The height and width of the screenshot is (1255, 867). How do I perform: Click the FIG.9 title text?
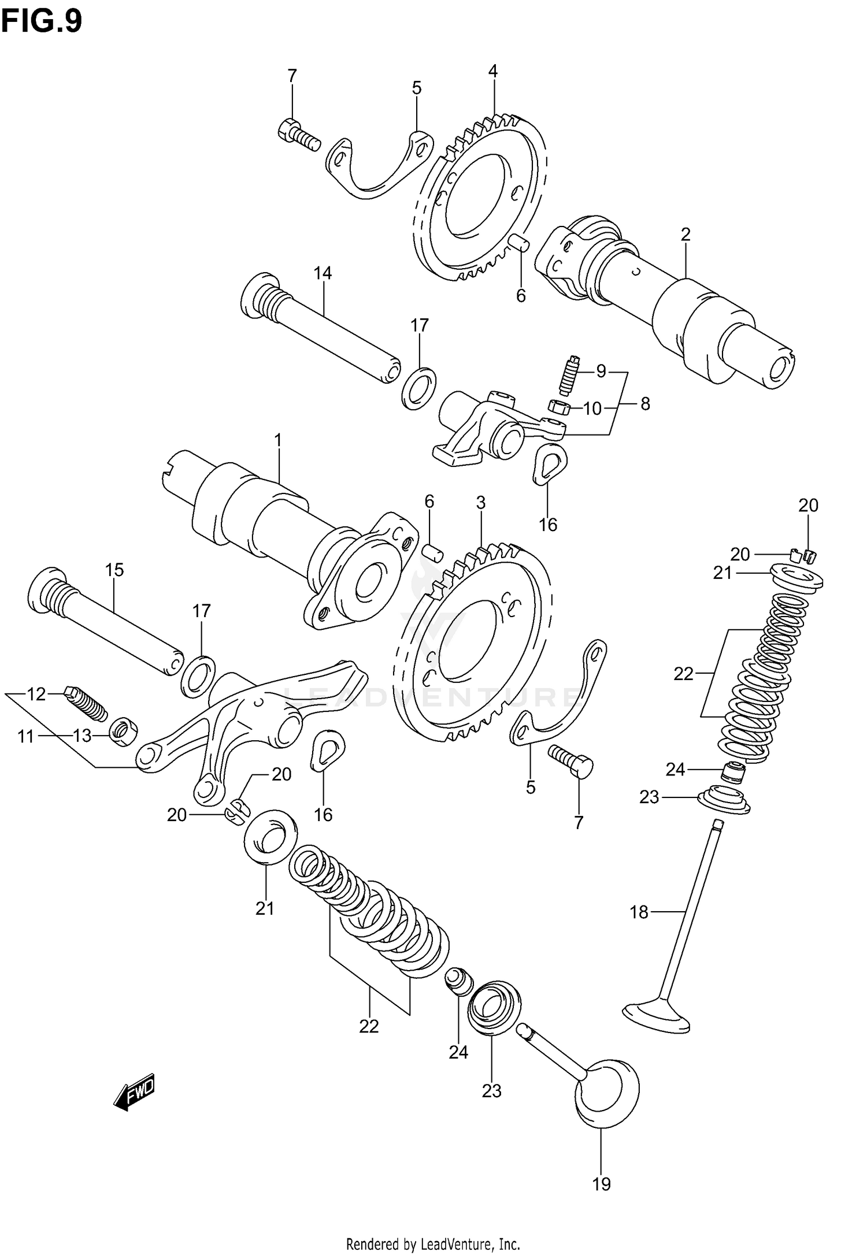pyautogui.click(x=42, y=21)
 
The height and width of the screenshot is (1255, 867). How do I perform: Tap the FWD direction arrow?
pyautogui.click(x=135, y=1091)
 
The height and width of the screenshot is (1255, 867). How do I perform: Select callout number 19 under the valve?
pyautogui.click(x=601, y=1184)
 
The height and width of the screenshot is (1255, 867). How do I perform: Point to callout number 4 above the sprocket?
pyautogui.click(x=492, y=71)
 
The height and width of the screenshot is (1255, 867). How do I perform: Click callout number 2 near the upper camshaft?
pyautogui.click(x=686, y=234)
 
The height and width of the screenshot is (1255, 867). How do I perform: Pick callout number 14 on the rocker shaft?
pyautogui.click(x=323, y=273)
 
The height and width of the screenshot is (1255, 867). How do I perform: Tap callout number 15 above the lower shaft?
pyautogui.click(x=114, y=570)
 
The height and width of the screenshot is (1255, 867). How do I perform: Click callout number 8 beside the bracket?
pyautogui.click(x=645, y=403)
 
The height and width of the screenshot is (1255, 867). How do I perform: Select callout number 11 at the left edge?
pyautogui.click(x=25, y=736)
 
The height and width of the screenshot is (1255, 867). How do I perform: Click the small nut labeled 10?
pyautogui.click(x=559, y=407)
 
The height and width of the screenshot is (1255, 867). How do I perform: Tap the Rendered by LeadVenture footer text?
pyautogui.click(x=433, y=1243)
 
